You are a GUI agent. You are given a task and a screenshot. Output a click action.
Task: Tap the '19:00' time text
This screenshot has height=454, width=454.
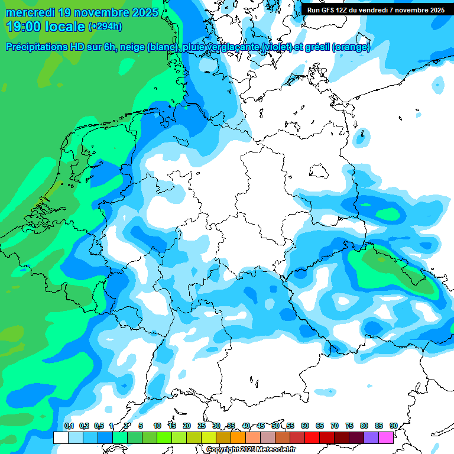[x=24, y=27]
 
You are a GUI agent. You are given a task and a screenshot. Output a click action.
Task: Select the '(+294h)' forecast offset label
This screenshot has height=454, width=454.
[x=105, y=27]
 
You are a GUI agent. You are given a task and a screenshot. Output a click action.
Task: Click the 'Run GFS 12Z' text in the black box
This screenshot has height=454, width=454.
[x=327, y=10]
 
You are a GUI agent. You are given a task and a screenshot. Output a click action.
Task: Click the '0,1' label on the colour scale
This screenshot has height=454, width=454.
[x=69, y=426]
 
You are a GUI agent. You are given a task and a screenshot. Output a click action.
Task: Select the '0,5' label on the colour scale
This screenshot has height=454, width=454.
[x=98, y=426]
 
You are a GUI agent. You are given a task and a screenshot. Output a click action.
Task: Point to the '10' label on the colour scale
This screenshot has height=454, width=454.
[x=157, y=426]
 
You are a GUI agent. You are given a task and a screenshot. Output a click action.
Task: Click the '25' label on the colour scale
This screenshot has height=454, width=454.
[x=202, y=426]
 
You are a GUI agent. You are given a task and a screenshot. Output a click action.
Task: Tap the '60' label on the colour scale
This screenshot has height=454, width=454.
[x=305, y=426]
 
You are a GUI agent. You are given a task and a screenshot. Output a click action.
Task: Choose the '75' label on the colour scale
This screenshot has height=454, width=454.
[x=349, y=426]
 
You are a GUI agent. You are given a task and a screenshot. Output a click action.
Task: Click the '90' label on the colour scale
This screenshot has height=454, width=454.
[x=393, y=426]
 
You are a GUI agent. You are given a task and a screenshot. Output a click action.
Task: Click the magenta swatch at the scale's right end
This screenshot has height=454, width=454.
[x=386, y=437]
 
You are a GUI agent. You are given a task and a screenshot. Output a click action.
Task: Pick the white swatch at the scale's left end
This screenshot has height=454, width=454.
[x=60, y=437]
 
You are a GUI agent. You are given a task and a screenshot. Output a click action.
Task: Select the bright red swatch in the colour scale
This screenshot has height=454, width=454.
[x=312, y=437]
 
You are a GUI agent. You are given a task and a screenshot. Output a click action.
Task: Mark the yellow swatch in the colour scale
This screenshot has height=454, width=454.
[x=209, y=437]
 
